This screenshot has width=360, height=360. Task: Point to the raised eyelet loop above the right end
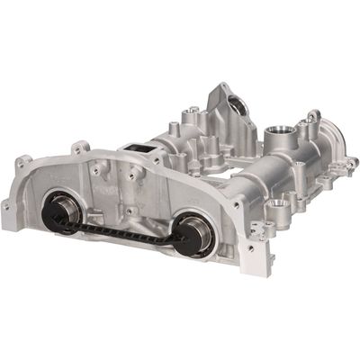click(x=312, y=117)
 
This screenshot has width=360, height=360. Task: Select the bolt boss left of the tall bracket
click(x=193, y=115)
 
